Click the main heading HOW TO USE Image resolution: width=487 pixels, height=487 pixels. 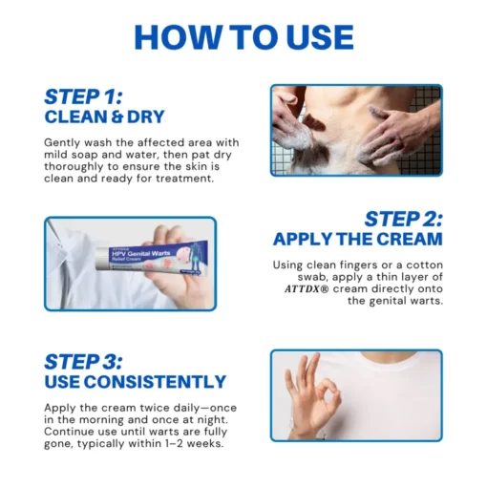click(243, 37)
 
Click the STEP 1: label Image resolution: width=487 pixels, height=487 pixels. click(83, 96)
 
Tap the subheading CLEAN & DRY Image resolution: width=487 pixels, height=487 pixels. click(104, 116)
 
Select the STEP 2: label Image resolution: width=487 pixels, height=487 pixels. click(403, 219)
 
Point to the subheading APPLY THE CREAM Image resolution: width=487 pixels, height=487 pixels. click(358, 239)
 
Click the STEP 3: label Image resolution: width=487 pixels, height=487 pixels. click(83, 362)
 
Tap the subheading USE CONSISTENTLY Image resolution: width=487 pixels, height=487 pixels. click(136, 382)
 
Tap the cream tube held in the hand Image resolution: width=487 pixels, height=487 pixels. click(154, 260)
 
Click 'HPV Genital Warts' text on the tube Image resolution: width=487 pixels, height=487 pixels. click(140, 254)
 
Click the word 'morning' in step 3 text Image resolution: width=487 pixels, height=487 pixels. click(101, 420)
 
